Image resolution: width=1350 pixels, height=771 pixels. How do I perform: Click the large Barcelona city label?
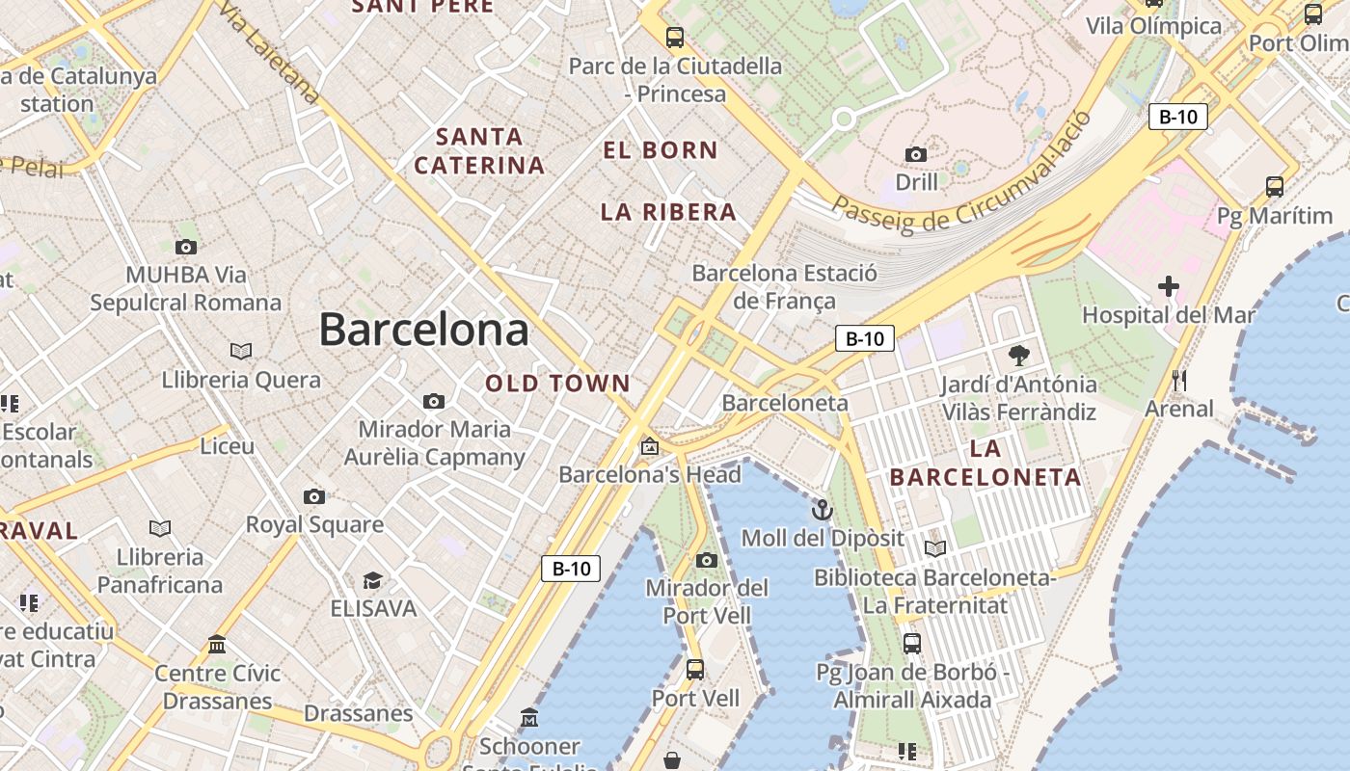tap(423, 331)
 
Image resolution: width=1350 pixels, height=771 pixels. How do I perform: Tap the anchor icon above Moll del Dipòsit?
tap(823, 510)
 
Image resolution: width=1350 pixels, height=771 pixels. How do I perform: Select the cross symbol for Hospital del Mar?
tap(1169, 286)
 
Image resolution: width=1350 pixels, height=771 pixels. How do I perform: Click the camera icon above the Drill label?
tap(916, 154)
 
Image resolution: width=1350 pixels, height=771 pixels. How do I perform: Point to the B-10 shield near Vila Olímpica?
tap(1177, 118)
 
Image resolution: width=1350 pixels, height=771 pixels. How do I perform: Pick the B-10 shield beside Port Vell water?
tap(571, 569)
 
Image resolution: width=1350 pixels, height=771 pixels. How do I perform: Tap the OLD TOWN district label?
tap(557, 384)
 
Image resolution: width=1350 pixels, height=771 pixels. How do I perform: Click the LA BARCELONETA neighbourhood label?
tap(985, 463)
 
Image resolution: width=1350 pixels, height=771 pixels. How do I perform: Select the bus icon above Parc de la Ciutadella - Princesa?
tap(675, 39)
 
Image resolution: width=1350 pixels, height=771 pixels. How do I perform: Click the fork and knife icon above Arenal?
tap(1178, 380)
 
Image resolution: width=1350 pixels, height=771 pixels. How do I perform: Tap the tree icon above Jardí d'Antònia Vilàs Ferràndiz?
tap(1018, 356)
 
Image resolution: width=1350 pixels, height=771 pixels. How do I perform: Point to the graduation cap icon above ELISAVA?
tap(372, 580)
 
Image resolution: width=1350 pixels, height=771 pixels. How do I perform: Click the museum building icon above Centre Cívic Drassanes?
tap(217, 644)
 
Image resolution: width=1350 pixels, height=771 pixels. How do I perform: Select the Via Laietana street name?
tap(269, 53)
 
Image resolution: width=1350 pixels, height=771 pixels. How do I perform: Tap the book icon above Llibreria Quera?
tap(241, 351)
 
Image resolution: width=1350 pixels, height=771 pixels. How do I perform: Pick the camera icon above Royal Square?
tap(314, 497)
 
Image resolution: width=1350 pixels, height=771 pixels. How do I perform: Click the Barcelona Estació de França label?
tap(784, 287)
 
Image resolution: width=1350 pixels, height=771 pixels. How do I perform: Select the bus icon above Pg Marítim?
tap(1275, 187)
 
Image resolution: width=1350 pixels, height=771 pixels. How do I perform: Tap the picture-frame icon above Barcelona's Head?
tap(650, 446)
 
